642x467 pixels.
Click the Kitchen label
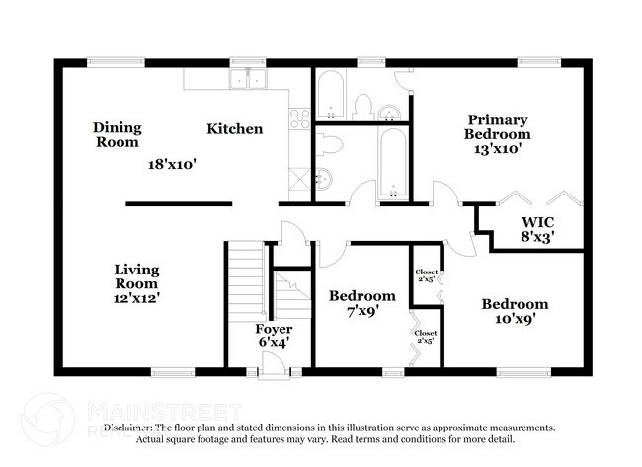click(234, 129)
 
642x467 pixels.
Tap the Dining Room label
click(118, 134)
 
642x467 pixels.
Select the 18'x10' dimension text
click(167, 166)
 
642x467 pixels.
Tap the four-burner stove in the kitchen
click(299, 120)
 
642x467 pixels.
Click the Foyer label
click(273, 328)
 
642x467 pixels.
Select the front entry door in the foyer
click(279, 368)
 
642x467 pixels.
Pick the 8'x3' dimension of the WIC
click(537, 237)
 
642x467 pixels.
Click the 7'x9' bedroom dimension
click(361, 311)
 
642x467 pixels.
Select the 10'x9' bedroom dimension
click(514, 320)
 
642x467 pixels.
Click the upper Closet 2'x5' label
click(426, 275)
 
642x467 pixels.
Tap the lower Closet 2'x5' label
click(426, 337)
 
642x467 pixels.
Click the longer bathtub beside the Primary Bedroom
click(392, 162)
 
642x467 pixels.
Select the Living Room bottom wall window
click(172, 372)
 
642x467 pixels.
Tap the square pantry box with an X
click(299, 180)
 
